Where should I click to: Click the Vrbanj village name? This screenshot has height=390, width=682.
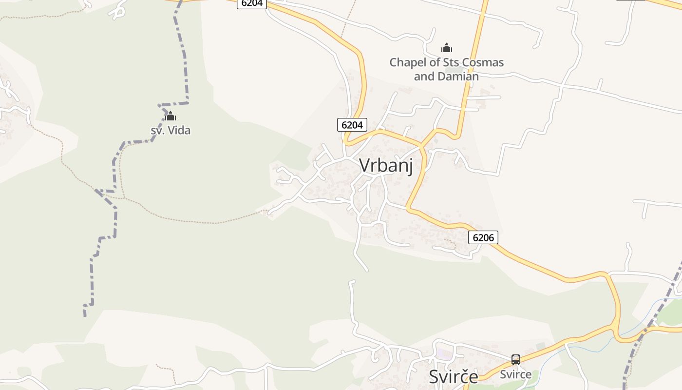click(386, 166)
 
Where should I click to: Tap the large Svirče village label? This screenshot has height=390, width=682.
click(454, 377)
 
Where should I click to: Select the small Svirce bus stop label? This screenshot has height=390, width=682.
click(516, 374)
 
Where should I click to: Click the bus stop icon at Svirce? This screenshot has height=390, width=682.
click(516, 360)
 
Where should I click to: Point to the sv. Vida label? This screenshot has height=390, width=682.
click(170, 130)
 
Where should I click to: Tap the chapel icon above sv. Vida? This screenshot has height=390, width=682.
click(170, 117)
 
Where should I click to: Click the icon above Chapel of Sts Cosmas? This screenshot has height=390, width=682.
click(447, 48)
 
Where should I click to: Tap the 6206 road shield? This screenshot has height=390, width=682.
click(483, 238)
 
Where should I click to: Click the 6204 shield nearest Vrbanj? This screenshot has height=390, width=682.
click(352, 125)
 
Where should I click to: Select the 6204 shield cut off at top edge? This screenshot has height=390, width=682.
click(252, 3)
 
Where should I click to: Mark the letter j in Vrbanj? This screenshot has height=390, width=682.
click(410, 167)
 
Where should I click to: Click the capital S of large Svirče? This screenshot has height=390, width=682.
click(435, 377)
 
